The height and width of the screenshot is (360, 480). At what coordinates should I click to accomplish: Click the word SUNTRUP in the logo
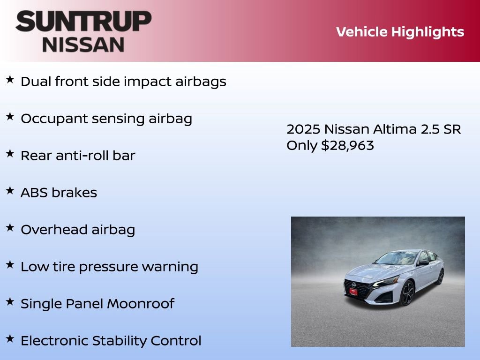pos(83,22)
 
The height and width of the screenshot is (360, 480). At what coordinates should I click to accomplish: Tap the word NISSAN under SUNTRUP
pos(83,45)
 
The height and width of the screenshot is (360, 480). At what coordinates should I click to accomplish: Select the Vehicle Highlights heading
pos(400,32)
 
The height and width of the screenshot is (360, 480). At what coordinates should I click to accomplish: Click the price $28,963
pos(347,145)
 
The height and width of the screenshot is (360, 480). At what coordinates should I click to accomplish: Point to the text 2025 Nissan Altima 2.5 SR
pos(374,129)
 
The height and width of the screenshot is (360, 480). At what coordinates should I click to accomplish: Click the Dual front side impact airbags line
pos(123,82)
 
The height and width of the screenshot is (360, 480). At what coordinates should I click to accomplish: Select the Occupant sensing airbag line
pos(106,119)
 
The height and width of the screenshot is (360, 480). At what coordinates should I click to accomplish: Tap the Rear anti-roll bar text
pos(78,156)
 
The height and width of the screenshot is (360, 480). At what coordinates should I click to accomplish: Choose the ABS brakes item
pos(59,193)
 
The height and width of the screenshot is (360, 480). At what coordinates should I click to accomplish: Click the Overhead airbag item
pos(78,230)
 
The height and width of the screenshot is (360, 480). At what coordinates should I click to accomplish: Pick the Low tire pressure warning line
pos(109,267)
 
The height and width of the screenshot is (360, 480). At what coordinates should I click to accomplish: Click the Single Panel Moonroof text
pos(97,304)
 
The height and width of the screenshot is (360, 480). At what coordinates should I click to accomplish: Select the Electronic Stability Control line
pos(111,341)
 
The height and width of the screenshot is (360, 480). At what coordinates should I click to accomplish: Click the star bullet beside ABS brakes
pos(10,190)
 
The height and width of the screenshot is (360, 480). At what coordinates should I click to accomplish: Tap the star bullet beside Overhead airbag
pos(10,227)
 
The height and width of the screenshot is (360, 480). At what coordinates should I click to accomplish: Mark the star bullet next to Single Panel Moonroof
pos(10,301)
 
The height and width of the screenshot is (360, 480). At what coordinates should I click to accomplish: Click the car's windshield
pos(396,258)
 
